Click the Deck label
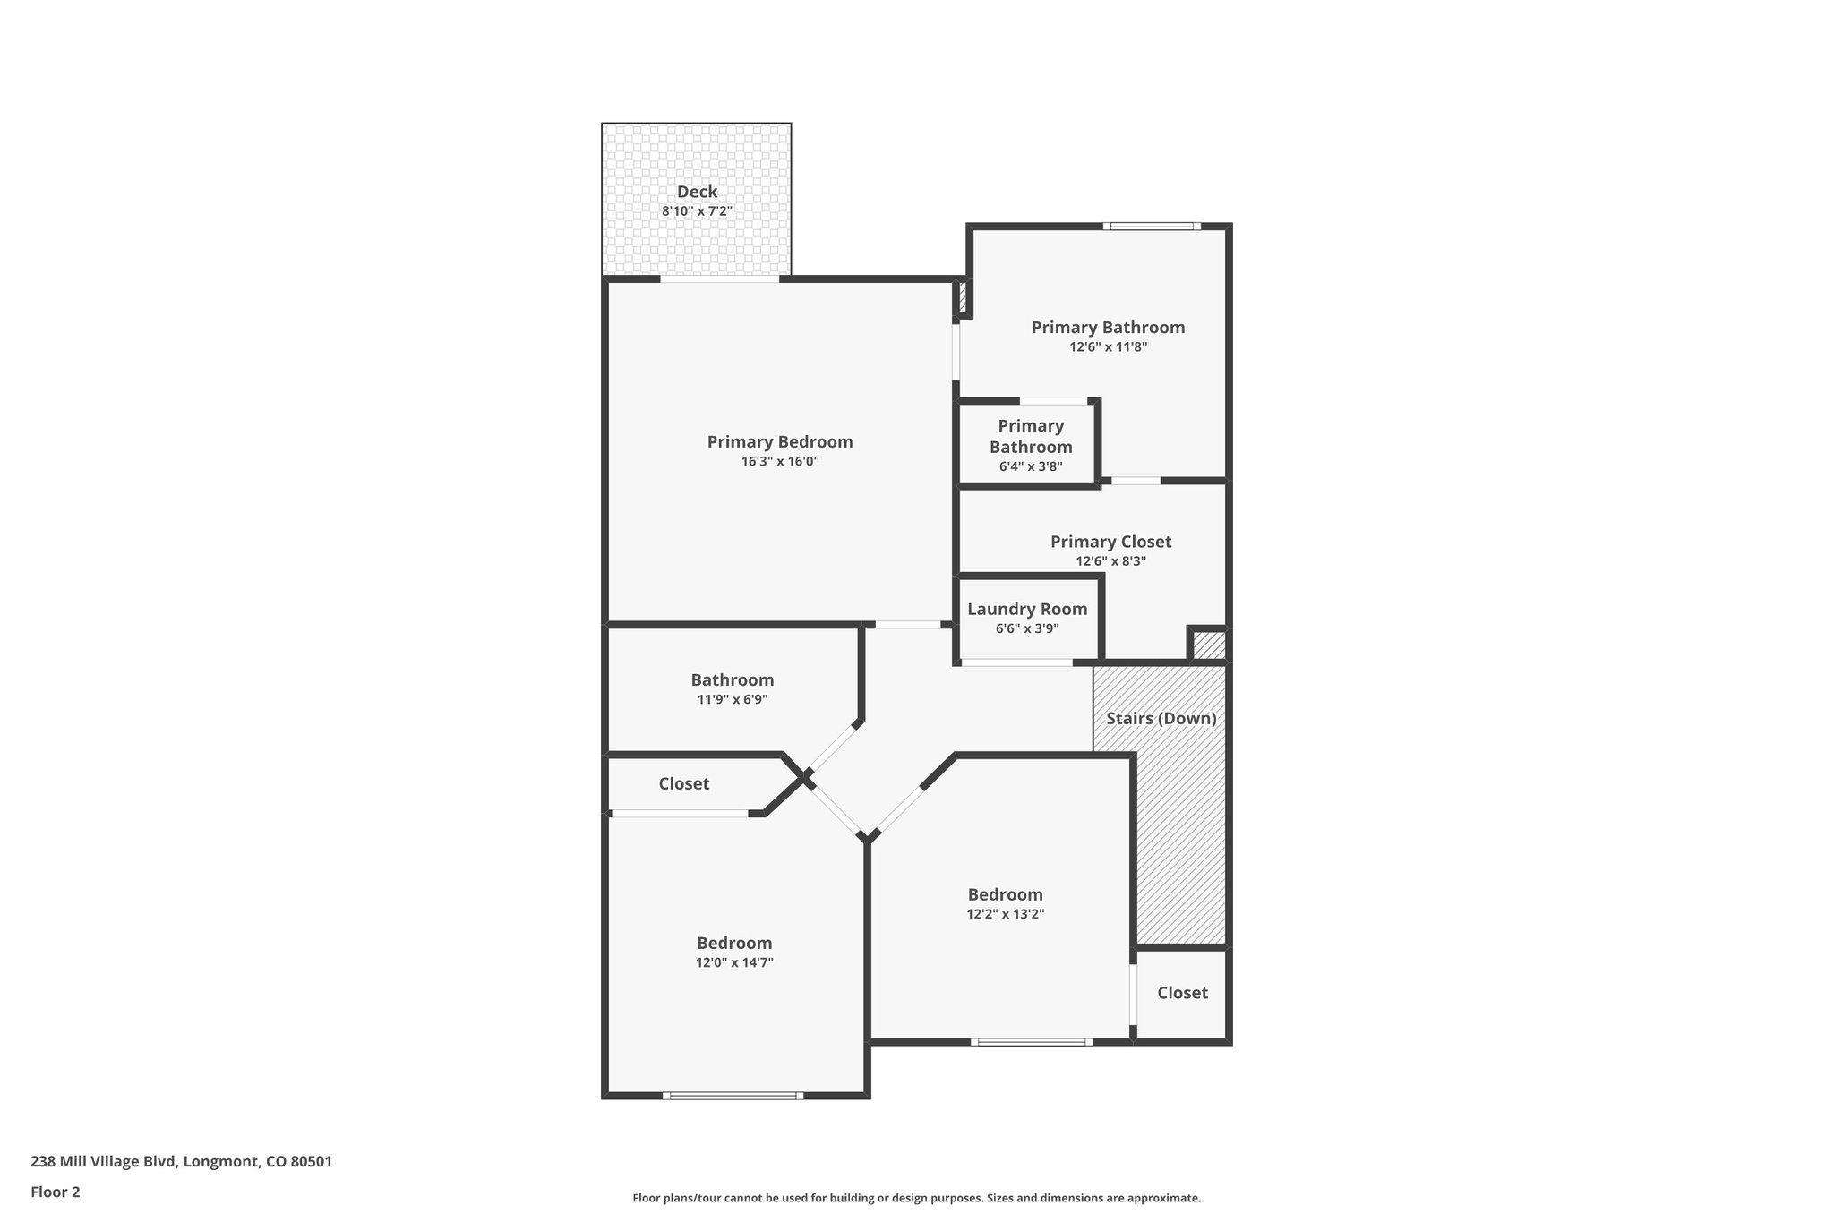[x=697, y=192]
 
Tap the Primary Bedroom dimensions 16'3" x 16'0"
[x=779, y=462]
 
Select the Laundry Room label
[x=1027, y=610]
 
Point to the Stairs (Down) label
[x=1161, y=719]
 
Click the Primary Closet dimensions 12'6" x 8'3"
[x=1110, y=561]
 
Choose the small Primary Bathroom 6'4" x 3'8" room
[x=1030, y=445]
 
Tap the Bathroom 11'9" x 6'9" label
[x=732, y=680]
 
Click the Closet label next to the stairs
[x=1182, y=993]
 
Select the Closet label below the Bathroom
[x=683, y=784]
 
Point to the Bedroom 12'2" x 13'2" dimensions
[x=1005, y=914]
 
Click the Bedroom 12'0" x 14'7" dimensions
[x=734, y=962]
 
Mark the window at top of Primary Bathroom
[x=1152, y=226]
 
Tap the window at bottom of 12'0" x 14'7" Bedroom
[x=733, y=1095]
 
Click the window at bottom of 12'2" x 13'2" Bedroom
[x=1032, y=1042]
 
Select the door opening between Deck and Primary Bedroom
[x=719, y=279]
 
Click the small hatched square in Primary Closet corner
[x=1209, y=645]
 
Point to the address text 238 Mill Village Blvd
[x=181, y=1162]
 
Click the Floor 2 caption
[x=56, y=1192]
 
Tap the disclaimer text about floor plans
[x=916, y=1198]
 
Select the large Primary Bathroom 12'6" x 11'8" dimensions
[x=1108, y=347]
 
